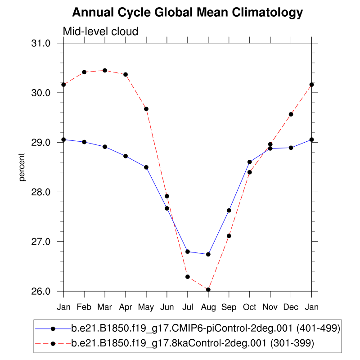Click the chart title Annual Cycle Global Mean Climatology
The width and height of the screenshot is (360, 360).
[188, 13]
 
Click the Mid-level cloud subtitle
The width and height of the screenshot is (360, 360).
[100, 31]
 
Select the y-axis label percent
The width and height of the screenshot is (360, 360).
[22, 167]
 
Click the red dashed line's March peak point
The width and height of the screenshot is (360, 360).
[105, 70]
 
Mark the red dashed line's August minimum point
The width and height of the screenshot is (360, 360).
[208, 289]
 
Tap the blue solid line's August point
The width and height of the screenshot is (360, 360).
[208, 254]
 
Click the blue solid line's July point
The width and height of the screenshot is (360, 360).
[188, 252]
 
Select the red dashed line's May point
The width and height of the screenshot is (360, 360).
[146, 108]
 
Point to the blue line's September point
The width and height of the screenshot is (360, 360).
[229, 210]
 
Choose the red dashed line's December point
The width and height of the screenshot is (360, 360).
[291, 114]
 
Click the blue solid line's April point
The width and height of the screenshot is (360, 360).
[126, 156]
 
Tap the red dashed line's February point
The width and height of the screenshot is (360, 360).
[84, 72]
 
